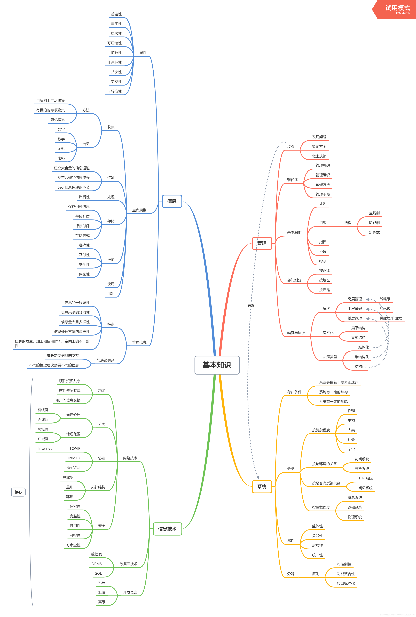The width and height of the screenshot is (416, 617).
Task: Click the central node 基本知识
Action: pyautogui.click(x=217, y=365)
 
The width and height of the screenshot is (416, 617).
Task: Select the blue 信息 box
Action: pyautogui.click(x=172, y=201)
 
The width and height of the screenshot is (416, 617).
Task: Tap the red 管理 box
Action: pyautogui.click(x=262, y=243)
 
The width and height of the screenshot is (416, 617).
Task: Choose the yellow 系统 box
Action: pyautogui.click(x=262, y=487)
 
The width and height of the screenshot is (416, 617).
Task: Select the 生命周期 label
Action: pyautogui.click(x=139, y=210)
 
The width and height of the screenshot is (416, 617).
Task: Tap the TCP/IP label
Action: pyautogui.click(x=75, y=448)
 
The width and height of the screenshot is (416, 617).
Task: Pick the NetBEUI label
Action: pyautogui.click(x=73, y=468)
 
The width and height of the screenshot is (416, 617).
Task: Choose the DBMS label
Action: pyautogui.click(x=97, y=564)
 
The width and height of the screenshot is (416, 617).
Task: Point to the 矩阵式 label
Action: pyautogui.click(x=374, y=232)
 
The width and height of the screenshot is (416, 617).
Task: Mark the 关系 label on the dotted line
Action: pyautogui.click(x=251, y=306)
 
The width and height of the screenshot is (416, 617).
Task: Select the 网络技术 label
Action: pyautogui.click(x=130, y=458)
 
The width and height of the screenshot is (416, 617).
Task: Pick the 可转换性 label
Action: pyautogui.click(x=114, y=91)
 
